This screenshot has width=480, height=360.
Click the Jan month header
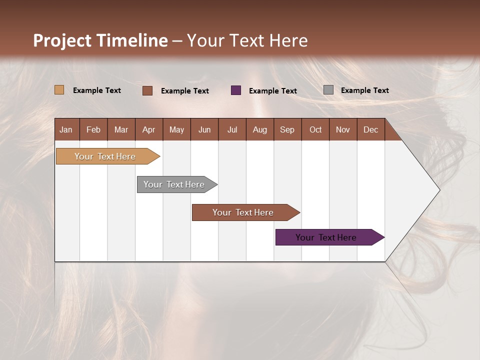[66, 129]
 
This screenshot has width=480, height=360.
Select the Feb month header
[93, 129]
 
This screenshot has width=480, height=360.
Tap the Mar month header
[121, 129]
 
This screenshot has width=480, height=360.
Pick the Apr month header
[148, 129]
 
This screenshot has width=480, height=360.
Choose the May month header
[176, 129]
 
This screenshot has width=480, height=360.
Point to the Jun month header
[204, 129]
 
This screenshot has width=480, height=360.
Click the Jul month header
[232, 129]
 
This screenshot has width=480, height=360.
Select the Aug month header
[260, 129]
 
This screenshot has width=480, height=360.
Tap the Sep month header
[287, 129]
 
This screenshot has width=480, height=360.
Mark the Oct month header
[315, 129]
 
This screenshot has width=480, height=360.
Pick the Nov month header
[343, 129]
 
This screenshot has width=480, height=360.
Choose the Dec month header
[371, 129]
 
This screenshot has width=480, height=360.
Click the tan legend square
[59, 90]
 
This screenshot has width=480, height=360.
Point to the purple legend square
[236, 90]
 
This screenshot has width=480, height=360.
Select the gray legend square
[328, 90]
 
